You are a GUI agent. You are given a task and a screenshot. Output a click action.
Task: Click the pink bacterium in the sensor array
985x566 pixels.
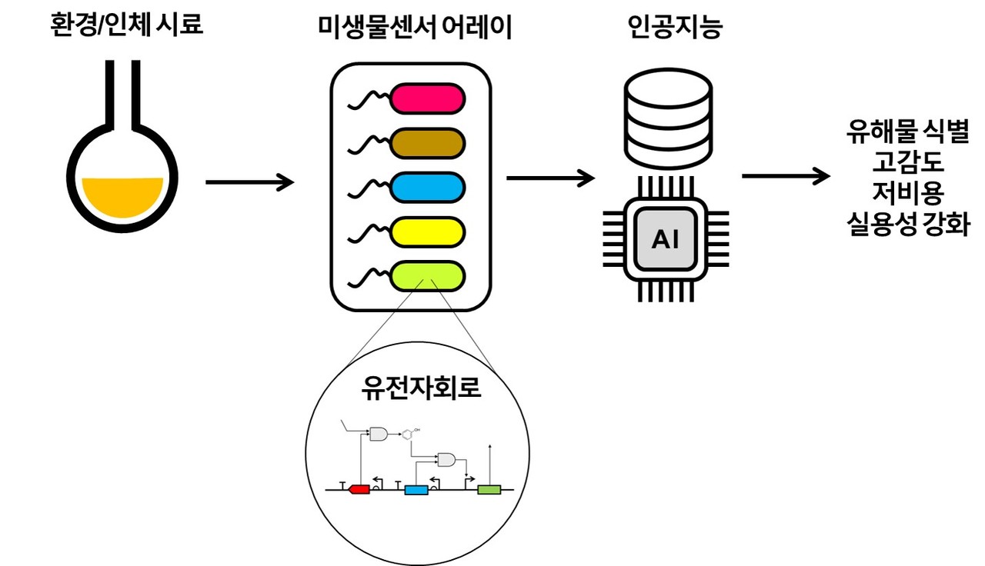point(428,99)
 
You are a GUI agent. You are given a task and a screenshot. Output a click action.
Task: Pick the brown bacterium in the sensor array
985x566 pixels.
point(428,143)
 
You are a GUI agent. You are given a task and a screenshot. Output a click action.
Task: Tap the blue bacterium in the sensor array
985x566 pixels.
point(428,187)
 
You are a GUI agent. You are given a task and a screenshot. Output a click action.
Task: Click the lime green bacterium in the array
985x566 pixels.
point(428,275)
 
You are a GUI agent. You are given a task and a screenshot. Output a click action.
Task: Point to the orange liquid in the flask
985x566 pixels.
point(123,195)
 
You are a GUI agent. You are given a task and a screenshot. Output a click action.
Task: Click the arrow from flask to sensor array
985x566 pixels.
point(250,182)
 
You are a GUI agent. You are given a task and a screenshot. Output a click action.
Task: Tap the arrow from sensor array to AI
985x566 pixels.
point(551,178)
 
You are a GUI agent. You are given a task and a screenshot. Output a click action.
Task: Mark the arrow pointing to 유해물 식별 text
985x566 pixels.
point(786,176)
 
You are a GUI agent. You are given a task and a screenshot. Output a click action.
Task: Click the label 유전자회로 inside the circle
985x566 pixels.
point(421,387)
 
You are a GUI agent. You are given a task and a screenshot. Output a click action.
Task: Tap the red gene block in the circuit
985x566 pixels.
point(359,489)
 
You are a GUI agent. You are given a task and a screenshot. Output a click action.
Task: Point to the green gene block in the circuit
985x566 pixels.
point(489,489)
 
